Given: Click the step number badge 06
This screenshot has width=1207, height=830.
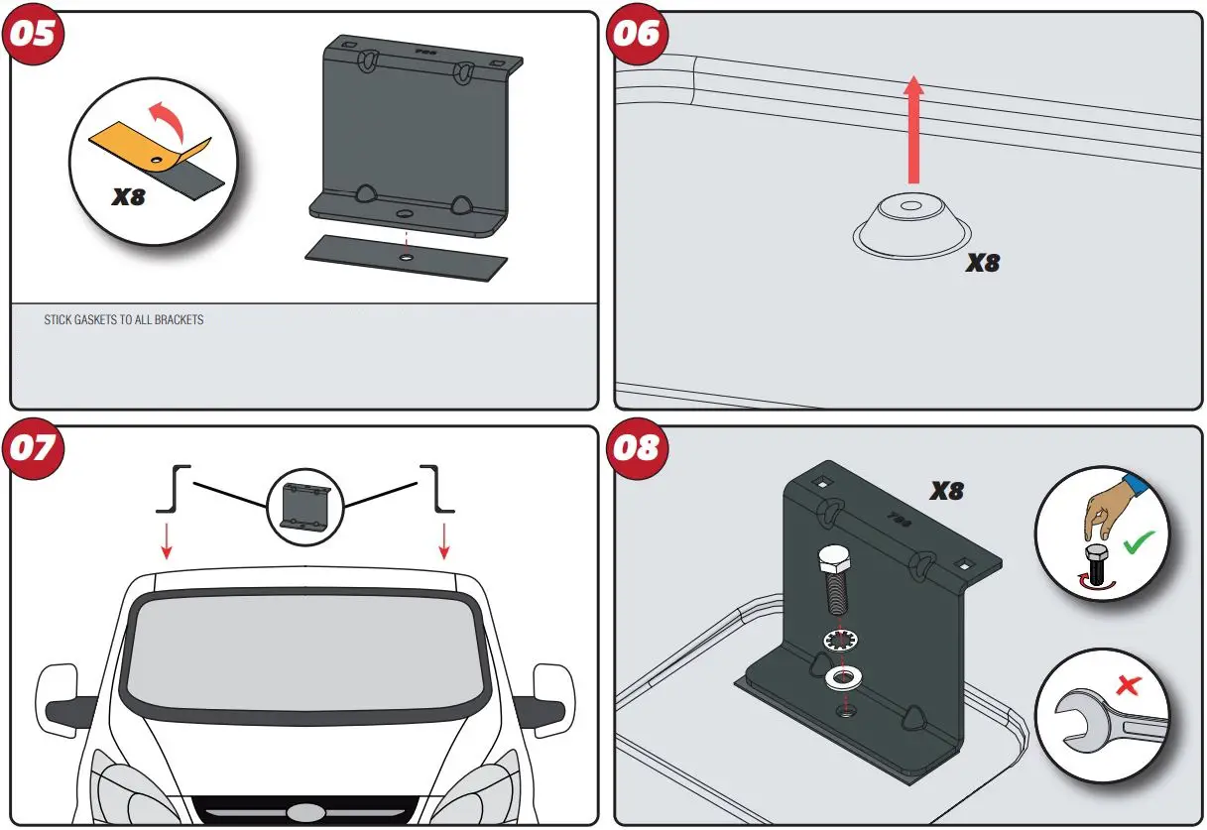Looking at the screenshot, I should click(x=636, y=34).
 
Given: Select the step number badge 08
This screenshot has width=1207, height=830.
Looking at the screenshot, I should click(x=636, y=448).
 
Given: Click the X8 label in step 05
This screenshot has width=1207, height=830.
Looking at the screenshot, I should click(x=128, y=197).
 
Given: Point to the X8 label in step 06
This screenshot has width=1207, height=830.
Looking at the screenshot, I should click(x=982, y=264).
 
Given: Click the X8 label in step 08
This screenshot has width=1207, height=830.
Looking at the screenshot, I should click(x=946, y=491).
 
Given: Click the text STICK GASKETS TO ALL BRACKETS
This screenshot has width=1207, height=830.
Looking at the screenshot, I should click(x=124, y=320).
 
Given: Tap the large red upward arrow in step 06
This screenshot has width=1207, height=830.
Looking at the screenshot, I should click(x=914, y=129).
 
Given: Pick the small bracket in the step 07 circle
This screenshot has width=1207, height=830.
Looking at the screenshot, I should click(x=304, y=508).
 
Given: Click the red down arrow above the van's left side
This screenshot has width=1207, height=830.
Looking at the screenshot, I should click(x=166, y=537).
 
